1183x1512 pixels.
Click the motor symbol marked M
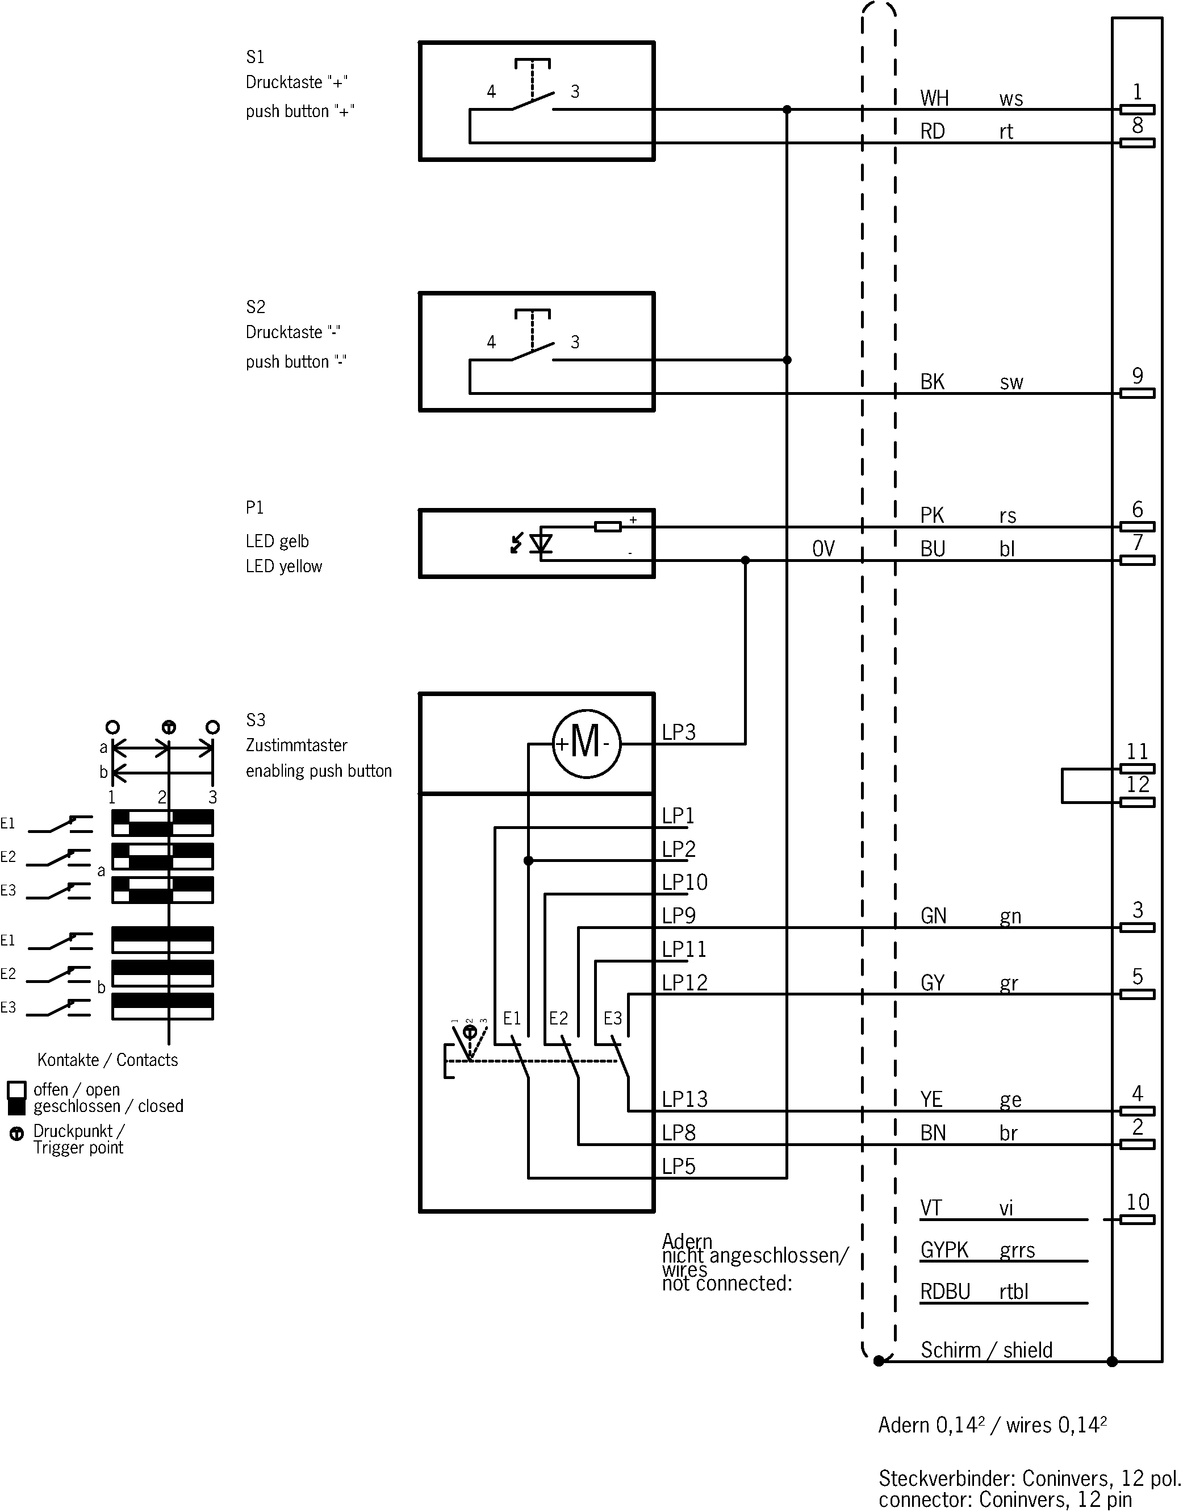pos(586,744)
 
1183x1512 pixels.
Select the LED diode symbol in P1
pos(541,543)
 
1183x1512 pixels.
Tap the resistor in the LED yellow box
pos(608,527)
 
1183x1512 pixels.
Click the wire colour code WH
pos(934,98)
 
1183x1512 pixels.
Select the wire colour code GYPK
pos(944,1249)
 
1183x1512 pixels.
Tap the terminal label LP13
pos(684,1099)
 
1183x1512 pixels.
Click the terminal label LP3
pos(679,732)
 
